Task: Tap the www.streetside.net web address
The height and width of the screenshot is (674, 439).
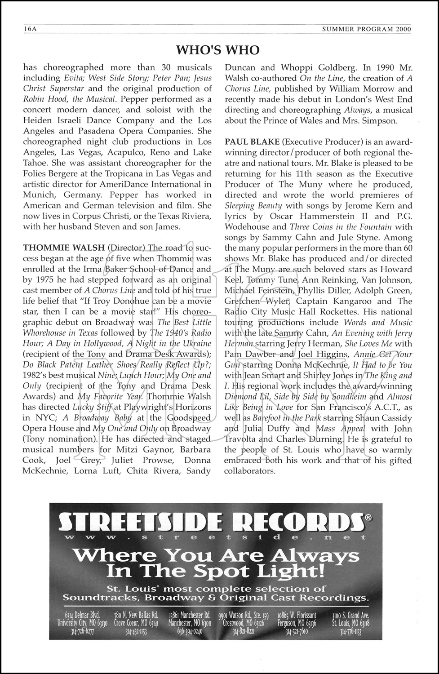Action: pos(215,537)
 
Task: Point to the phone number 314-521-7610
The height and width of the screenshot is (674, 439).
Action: pos(297,631)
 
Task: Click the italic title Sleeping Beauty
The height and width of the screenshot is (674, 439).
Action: pos(253,206)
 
